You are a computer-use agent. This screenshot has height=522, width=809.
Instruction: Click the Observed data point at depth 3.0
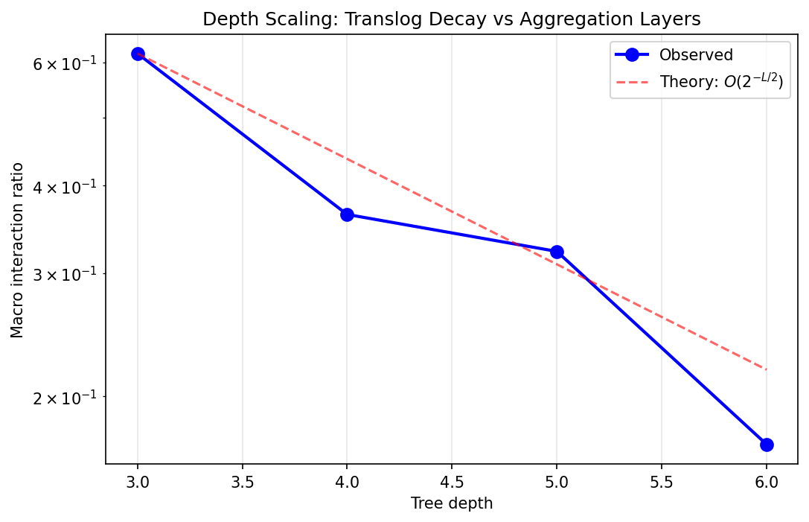(x=138, y=54)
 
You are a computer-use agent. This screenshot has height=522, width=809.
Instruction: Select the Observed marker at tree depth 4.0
(x=347, y=214)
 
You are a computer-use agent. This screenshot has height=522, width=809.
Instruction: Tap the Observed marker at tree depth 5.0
(x=557, y=252)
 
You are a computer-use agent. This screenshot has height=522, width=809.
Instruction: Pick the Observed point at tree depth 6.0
(x=767, y=445)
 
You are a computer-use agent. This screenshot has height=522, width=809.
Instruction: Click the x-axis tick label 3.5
(x=243, y=482)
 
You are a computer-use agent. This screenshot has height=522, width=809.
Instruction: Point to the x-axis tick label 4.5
(x=452, y=482)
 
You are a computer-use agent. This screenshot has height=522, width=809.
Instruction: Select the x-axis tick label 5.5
(x=662, y=482)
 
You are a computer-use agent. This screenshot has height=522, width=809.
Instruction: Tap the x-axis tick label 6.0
(x=767, y=482)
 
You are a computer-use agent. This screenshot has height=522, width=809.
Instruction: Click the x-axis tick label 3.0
(x=138, y=482)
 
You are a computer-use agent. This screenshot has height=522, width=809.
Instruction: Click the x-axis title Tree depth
(x=452, y=503)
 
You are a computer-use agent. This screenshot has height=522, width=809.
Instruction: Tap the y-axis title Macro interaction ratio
(x=17, y=249)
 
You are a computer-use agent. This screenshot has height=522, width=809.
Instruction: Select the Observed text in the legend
(x=696, y=55)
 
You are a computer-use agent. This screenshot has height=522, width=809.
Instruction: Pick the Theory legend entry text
(x=720, y=82)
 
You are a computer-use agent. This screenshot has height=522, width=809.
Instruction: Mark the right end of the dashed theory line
(x=767, y=369)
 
